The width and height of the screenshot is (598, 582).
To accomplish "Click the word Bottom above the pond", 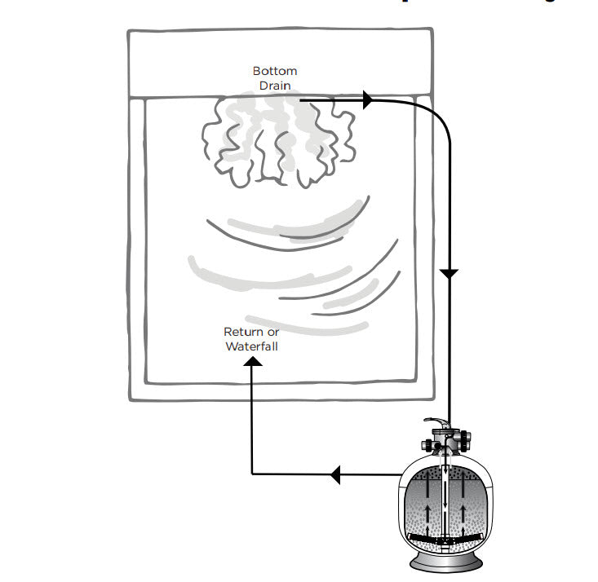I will tap(275, 72).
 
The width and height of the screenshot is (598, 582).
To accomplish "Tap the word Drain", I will tap(275, 85).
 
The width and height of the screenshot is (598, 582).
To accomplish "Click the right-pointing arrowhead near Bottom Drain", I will tap(366, 100).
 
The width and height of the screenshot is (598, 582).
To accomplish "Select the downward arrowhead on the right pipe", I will tap(450, 273).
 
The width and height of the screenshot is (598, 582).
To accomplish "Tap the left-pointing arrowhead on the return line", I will tap(335, 474).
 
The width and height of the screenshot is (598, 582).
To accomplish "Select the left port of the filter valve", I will tap(427, 446).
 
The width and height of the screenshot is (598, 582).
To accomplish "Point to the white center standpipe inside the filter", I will tap(445, 497).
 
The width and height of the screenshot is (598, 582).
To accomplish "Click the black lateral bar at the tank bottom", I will tap(445, 540).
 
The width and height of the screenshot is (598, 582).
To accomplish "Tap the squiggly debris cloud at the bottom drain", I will tap(277, 139).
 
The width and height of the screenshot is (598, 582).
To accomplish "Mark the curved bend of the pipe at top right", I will tap(436, 114).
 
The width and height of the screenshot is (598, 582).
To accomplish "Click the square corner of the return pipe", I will tap(253, 474).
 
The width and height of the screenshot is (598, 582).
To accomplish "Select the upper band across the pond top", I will tap(280, 63).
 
